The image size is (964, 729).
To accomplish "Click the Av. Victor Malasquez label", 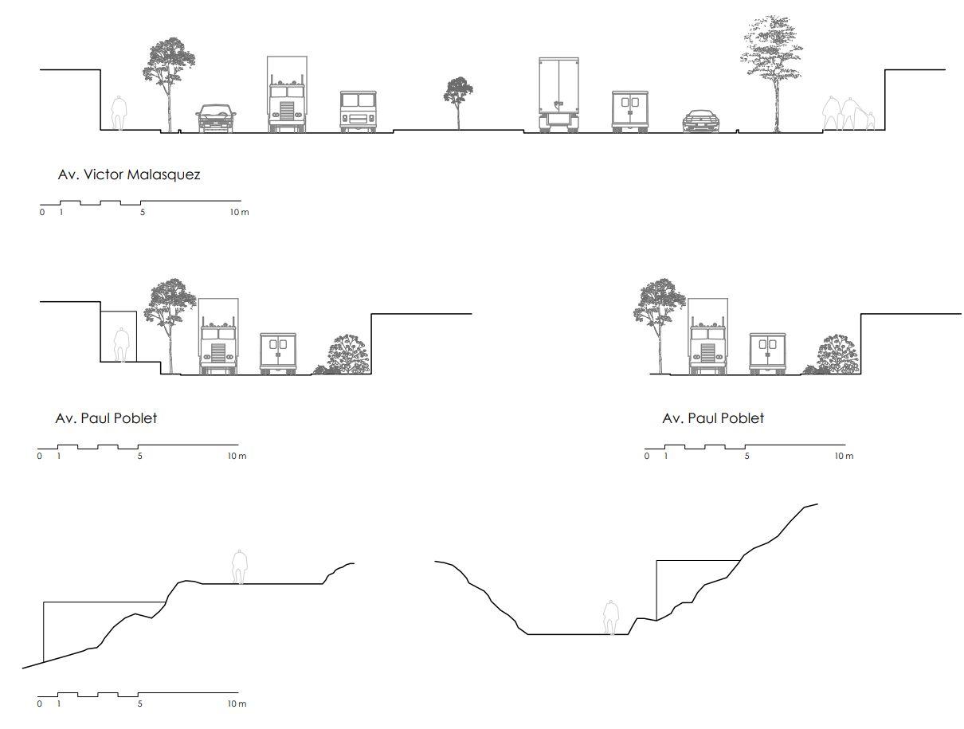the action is (x=129, y=174).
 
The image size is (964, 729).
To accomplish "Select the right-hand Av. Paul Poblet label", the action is (x=713, y=418).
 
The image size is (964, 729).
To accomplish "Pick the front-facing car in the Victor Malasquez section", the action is (x=216, y=118).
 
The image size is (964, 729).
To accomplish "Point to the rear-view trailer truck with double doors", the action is (x=558, y=94).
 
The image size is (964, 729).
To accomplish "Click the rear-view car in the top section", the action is (x=701, y=121).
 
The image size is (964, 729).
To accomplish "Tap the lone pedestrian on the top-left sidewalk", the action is (x=119, y=113).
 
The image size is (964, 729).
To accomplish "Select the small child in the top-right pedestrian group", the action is (x=870, y=121).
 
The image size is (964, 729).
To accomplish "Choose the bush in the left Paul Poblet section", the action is (x=347, y=355).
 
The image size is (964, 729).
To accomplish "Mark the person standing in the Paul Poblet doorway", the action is (x=121, y=344).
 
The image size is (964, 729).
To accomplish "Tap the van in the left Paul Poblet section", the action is (x=278, y=353).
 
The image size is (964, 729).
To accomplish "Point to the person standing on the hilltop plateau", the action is (x=238, y=566).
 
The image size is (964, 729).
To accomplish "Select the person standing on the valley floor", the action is (x=611, y=617).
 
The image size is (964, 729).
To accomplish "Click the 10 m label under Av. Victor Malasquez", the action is (x=240, y=213).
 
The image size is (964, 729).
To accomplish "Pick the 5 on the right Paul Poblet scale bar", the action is (x=747, y=457).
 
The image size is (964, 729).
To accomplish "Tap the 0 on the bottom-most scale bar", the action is (x=40, y=704).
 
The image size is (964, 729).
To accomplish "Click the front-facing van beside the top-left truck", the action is (x=358, y=111).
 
